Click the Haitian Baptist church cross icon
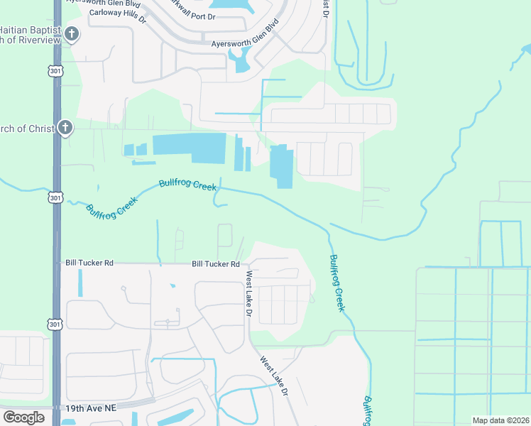pos(71,33)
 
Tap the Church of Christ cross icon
pos(65,128)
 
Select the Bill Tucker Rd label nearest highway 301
pos(89,263)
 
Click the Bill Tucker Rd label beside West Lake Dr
pos(216,264)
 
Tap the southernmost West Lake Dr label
pos(274,376)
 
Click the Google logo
pos(23,417)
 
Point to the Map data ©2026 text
pos(500,420)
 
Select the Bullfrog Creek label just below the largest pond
pos(187,185)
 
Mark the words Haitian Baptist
pos(29,30)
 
